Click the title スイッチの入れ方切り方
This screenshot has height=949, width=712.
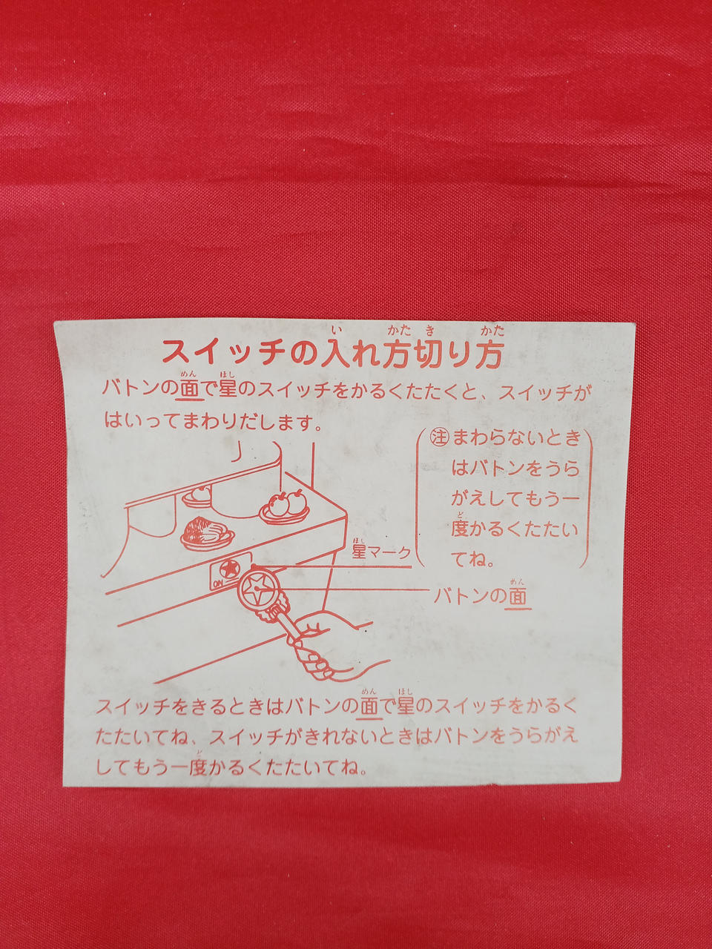click(x=332, y=354)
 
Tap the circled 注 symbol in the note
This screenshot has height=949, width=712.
click(x=440, y=437)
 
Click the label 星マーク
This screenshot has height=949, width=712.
click(x=381, y=552)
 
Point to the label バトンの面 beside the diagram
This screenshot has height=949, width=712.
click(x=482, y=597)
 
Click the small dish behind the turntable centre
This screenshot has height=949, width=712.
click(x=197, y=498)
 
